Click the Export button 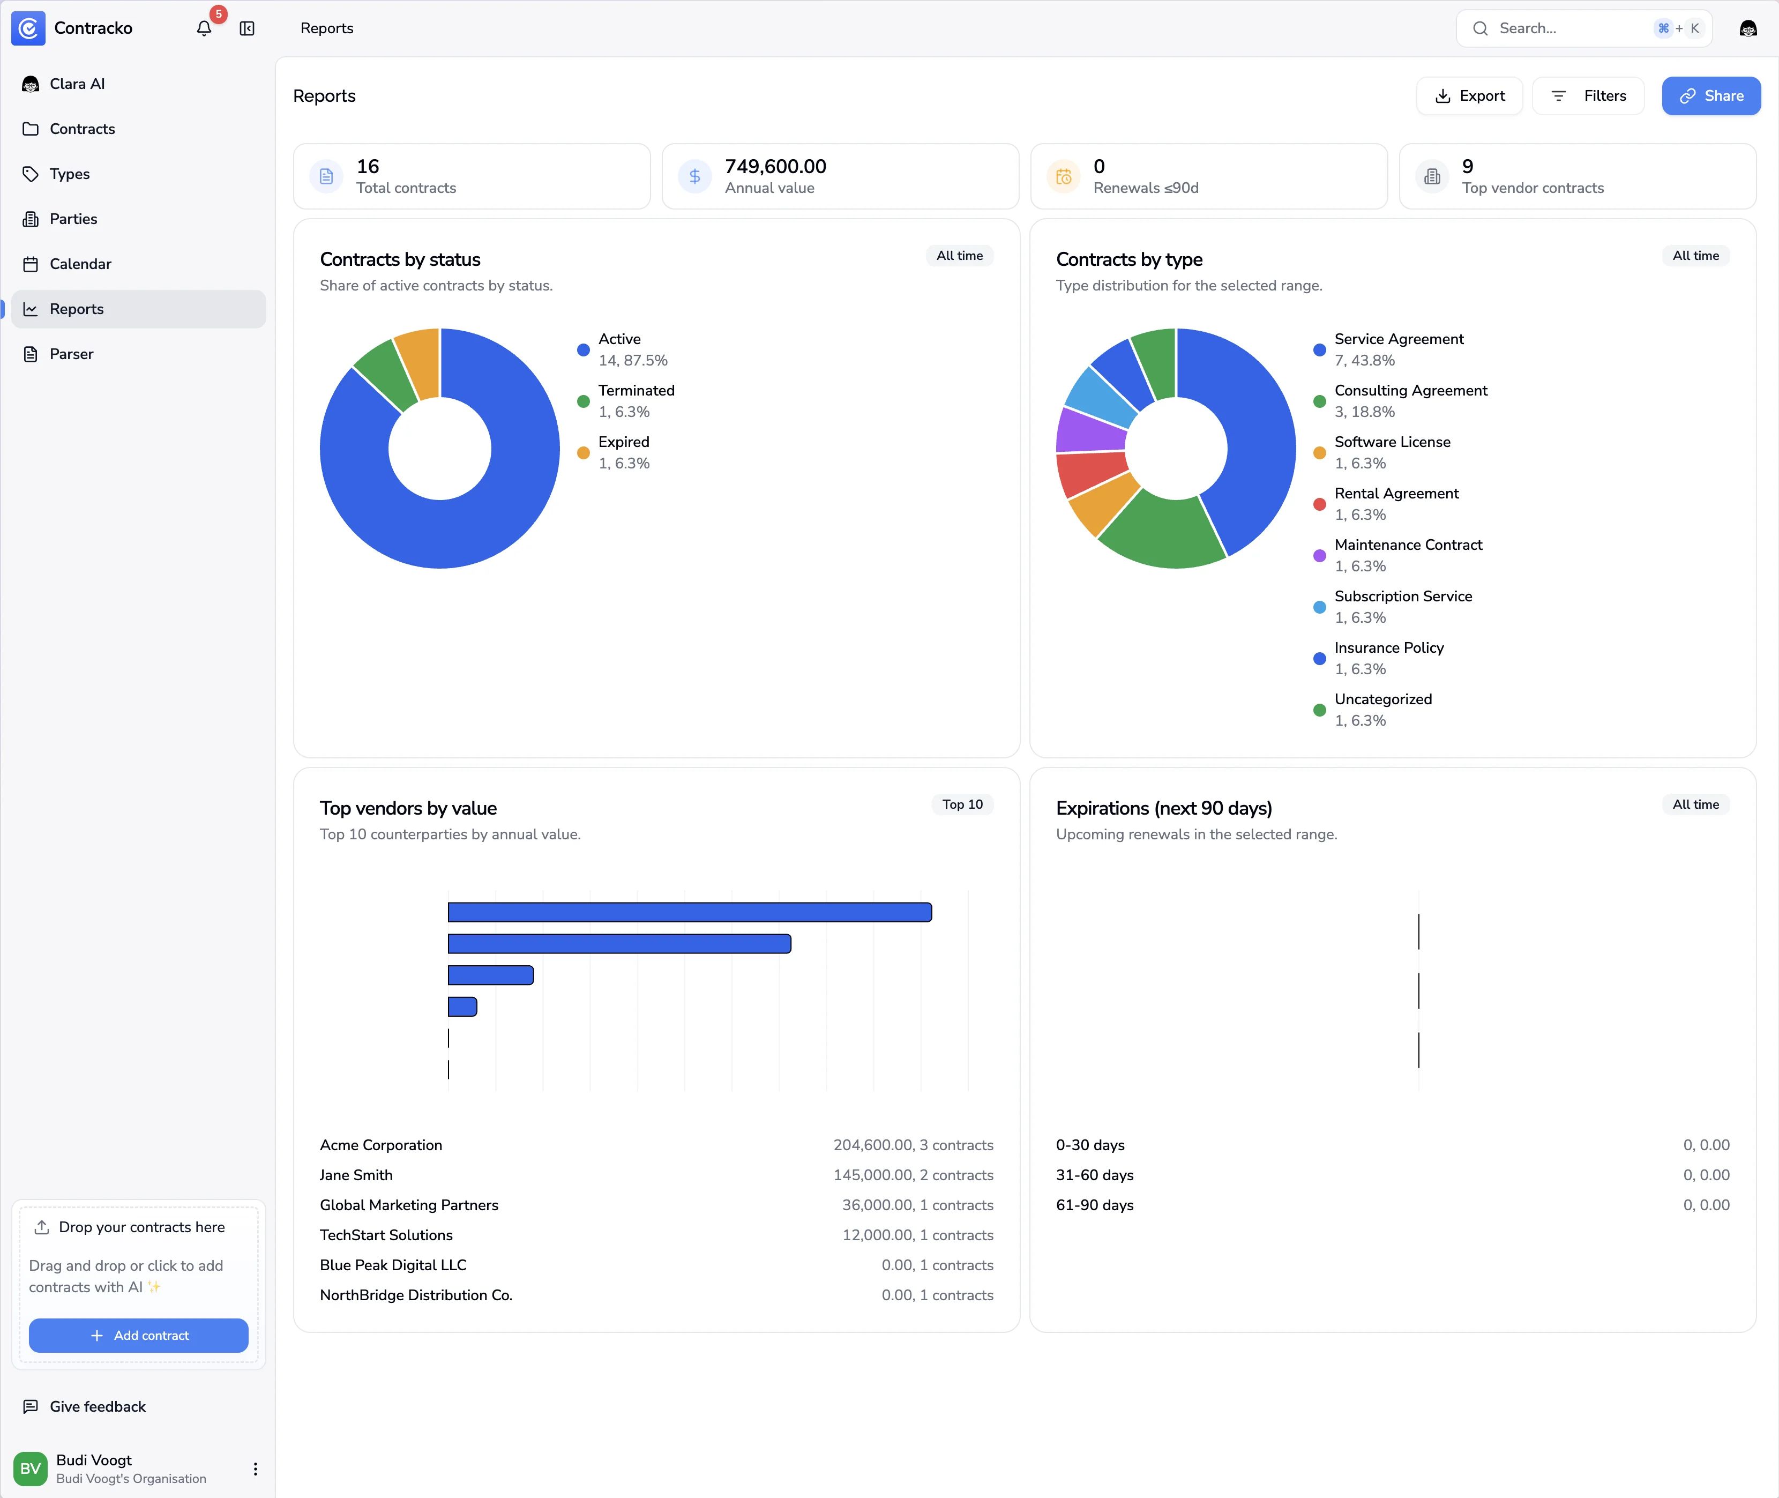pos(1469,96)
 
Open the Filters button pos(1588,96)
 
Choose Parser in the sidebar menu pos(71,354)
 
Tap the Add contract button pos(138,1335)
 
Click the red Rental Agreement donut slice pos(1090,474)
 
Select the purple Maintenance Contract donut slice pos(1090,430)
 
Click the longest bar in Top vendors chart pos(690,912)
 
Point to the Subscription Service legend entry pos(1403,596)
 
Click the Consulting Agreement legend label pos(1410,391)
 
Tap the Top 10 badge pos(962,804)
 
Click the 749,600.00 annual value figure pos(775,167)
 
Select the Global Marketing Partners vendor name pos(408,1205)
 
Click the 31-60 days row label pos(1095,1175)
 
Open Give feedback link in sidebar pos(97,1406)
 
